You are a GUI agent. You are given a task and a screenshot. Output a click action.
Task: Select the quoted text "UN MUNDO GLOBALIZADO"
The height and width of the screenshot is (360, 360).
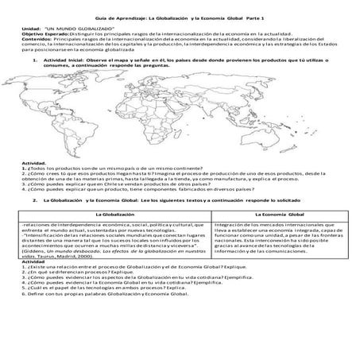[x=79, y=28]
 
